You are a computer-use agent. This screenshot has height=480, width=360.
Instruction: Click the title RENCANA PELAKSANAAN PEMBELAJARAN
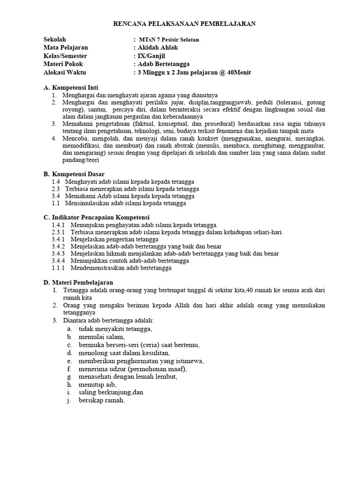[x=185, y=24]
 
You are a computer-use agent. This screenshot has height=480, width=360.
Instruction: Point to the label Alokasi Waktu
[x=65, y=73]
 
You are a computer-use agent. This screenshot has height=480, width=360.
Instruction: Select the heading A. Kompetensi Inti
[x=71, y=88]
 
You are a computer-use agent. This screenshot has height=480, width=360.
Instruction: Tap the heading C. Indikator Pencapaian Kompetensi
[x=96, y=217]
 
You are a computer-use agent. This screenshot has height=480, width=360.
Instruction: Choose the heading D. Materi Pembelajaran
[x=78, y=283]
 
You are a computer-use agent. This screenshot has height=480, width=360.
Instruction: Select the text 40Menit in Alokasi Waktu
[x=239, y=73]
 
